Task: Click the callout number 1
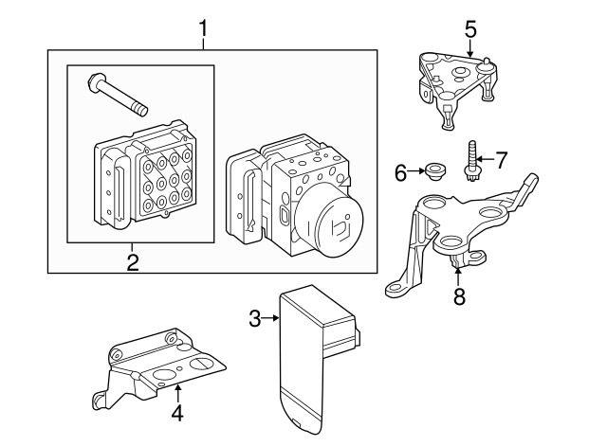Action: coord(204,29)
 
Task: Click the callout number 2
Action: coord(133,263)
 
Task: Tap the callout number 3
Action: coord(255,318)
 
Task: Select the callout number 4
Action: coord(177,414)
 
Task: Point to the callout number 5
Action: coord(470,29)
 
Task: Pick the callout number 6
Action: coord(401,172)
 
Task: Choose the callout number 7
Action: coord(502,160)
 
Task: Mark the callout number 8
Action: coord(459,296)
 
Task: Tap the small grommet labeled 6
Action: coord(436,170)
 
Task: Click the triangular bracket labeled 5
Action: coord(457,90)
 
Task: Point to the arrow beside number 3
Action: coord(270,318)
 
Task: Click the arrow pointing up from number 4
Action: coord(177,393)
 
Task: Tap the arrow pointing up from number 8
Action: coord(458,277)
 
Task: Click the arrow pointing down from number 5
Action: coord(470,48)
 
